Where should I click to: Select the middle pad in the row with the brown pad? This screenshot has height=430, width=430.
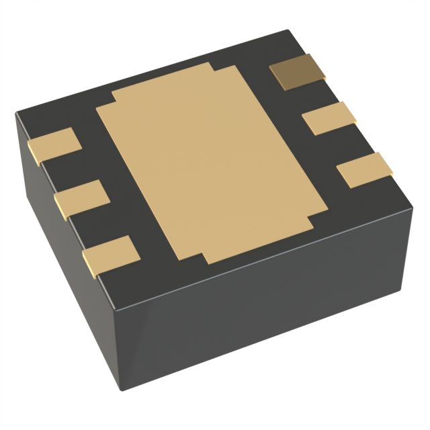tap(324, 118)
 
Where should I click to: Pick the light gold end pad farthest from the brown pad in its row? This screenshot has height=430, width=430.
tap(365, 170)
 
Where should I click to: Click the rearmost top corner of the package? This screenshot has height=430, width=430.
tap(289, 32)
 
